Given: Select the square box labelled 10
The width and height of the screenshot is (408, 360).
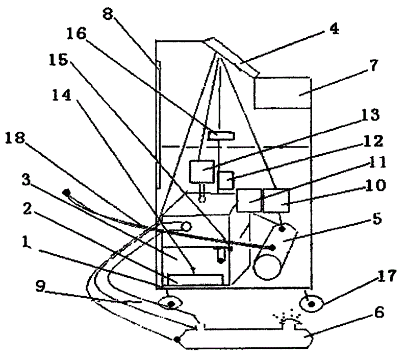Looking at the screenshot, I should coord(276,200).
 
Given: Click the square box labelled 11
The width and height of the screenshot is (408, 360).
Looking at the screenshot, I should coord(249,200).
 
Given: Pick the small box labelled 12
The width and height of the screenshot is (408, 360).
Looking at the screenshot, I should coord(226,180).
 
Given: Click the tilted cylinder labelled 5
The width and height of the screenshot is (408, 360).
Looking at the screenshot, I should coord(275,250).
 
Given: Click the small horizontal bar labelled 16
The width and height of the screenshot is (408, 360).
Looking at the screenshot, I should coord(221,135).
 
